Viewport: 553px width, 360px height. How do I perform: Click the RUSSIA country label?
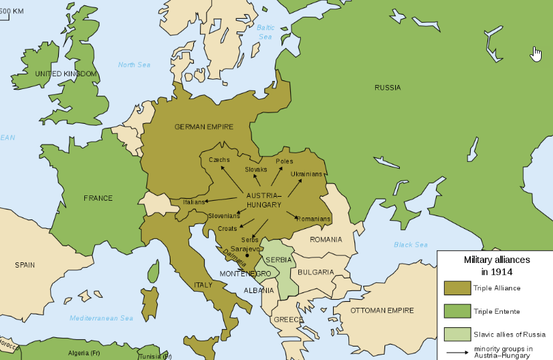(388, 88)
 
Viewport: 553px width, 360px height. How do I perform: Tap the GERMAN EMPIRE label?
(204, 126)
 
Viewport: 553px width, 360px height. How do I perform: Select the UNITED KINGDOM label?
(66, 74)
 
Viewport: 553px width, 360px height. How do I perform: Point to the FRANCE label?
(98, 198)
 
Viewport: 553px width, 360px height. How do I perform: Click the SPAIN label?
(25, 265)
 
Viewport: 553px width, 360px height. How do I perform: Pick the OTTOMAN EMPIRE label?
(382, 310)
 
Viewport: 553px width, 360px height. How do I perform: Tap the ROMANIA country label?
(326, 240)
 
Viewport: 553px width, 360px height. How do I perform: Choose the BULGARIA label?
(316, 272)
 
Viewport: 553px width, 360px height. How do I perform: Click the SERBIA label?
(278, 260)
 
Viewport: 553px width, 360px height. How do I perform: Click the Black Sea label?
(411, 245)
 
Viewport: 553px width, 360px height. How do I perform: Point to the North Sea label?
(134, 65)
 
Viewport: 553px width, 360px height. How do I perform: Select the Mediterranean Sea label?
(101, 318)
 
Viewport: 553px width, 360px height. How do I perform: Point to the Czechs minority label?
(219, 160)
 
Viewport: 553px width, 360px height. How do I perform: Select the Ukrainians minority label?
(306, 174)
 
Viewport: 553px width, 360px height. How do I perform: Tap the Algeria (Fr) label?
(84, 353)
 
